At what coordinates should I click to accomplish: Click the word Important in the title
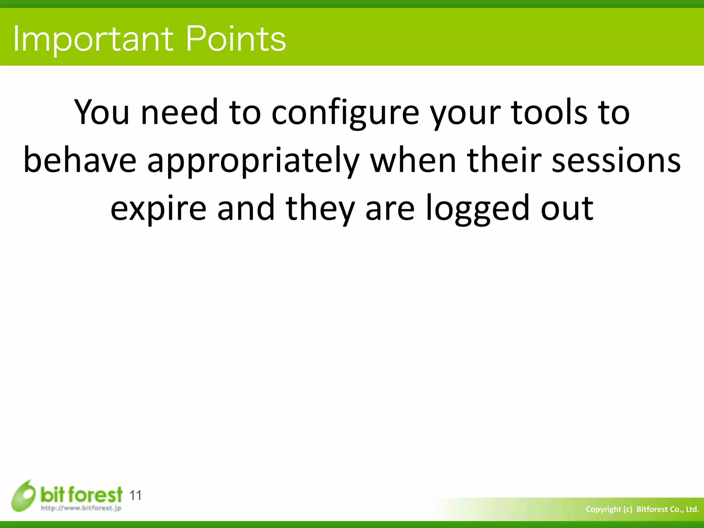[93, 40]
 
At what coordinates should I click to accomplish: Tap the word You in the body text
[102, 112]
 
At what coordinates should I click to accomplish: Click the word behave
[80, 160]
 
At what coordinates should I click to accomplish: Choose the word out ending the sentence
[567, 208]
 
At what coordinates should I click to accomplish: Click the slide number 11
[135, 495]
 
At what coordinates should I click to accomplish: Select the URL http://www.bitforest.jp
[81, 508]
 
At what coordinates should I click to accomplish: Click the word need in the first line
[179, 112]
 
